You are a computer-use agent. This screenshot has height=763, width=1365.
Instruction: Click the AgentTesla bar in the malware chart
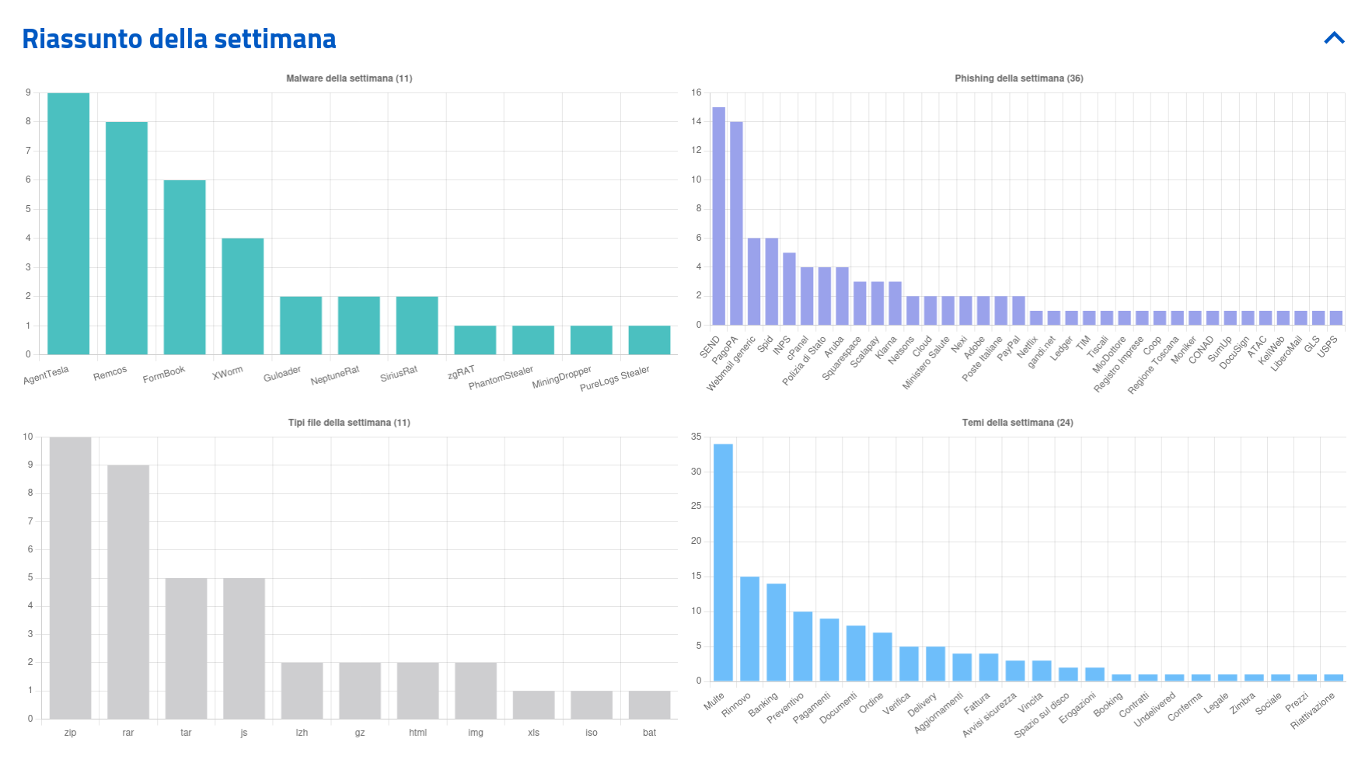(x=68, y=224)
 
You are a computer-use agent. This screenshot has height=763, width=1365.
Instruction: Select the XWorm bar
(x=243, y=297)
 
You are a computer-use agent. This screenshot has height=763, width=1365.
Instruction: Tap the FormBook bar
(x=184, y=267)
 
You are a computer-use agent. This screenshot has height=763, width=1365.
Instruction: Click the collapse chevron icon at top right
(x=1334, y=38)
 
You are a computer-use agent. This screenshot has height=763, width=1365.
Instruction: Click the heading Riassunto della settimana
(x=179, y=39)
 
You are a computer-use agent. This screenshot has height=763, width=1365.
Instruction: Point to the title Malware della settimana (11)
(x=349, y=78)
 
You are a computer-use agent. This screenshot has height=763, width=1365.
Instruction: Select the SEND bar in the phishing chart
(x=718, y=216)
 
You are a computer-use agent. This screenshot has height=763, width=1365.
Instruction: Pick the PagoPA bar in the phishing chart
(x=736, y=223)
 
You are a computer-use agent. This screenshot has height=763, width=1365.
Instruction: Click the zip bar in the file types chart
(x=70, y=578)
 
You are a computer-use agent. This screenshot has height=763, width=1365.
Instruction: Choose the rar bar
(x=128, y=592)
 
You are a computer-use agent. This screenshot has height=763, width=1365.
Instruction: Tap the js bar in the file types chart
(x=244, y=649)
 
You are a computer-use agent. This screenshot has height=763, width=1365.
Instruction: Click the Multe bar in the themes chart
(x=723, y=563)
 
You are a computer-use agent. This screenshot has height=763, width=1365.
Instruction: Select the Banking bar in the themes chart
(x=776, y=632)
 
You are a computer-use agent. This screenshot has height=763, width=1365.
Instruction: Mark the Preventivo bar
(x=803, y=646)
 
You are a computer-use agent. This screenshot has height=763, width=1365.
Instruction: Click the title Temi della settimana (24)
(x=1018, y=423)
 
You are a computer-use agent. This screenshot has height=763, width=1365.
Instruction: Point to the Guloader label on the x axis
(x=282, y=374)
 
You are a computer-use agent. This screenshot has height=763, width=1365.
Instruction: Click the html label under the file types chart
(x=417, y=733)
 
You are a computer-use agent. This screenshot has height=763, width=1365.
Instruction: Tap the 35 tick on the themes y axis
(x=696, y=437)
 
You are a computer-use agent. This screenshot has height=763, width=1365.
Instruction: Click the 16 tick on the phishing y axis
(x=696, y=92)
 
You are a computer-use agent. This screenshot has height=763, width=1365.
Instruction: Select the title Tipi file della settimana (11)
(x=349, y=423)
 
